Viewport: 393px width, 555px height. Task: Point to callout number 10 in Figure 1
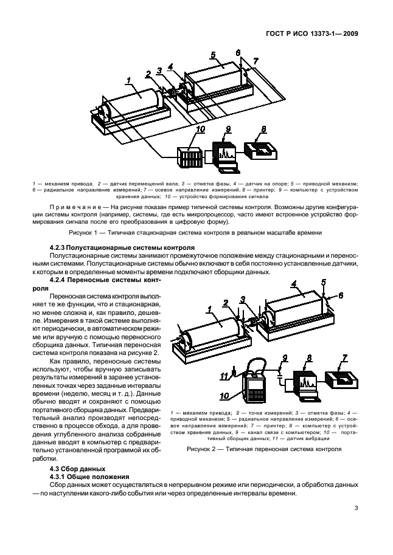200,129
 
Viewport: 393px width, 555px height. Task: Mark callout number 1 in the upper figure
129,80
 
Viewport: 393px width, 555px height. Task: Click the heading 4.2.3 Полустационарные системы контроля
122,248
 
